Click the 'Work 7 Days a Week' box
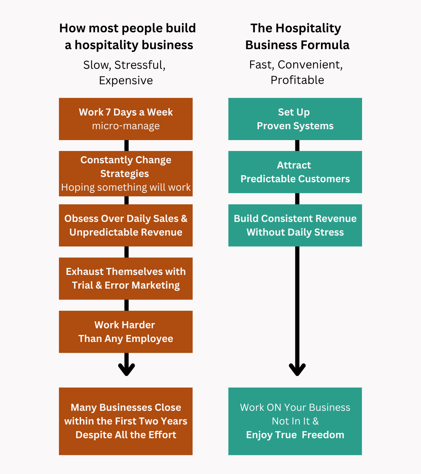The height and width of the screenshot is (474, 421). coord(126,119)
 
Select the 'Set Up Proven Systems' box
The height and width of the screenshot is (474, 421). coord(295,119)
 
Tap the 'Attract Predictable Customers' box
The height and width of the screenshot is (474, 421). coord(295,172)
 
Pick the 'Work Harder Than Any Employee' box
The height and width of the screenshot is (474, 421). coord(126,332)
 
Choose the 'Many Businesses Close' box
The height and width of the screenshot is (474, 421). coord(126,421)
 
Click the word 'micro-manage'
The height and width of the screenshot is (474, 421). coord(126,126)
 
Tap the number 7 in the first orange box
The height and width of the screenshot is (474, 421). coord(108,112)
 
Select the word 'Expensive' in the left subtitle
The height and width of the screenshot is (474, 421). coord(126,80)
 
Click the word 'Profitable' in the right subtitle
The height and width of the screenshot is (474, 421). coord(297,80)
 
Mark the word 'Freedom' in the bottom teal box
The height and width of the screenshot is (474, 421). coord(323,435)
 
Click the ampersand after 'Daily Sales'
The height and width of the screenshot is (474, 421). coord(184,218)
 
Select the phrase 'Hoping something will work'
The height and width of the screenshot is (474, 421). coord(126,187)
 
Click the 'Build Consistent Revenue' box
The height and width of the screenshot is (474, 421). coord(295,225)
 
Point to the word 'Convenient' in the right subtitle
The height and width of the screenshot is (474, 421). coord(310,65)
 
